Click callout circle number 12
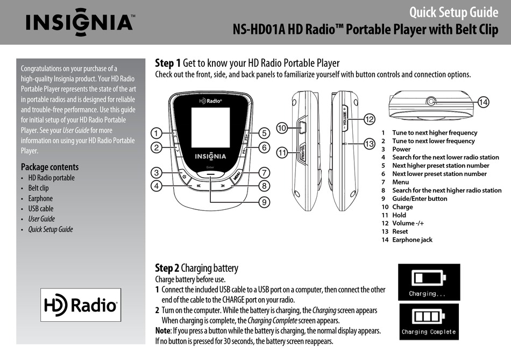368,118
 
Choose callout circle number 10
282,128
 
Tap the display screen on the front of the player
210,127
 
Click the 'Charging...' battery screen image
429,281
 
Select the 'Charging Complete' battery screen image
429,321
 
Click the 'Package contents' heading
49,167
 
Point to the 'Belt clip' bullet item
38,188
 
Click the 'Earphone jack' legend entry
412,240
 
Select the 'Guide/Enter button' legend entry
420,199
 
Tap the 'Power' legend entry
401,149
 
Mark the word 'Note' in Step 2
164,331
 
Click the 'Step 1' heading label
167,63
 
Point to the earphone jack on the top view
430,101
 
